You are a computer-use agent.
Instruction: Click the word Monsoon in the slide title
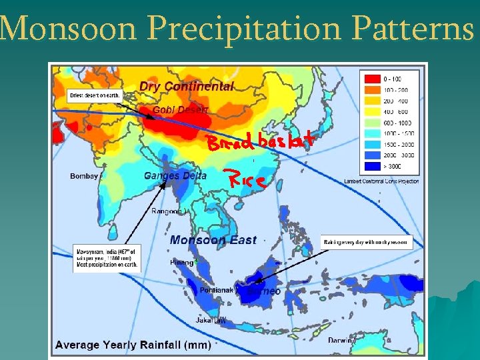click(x=68, y=27)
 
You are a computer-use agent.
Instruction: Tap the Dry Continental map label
click(x=187, y=86)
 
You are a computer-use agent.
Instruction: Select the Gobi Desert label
click(x=180, y=109)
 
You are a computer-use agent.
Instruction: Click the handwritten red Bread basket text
click(x=259, y=141)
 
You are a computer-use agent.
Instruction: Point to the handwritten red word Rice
click(x=248, y=179)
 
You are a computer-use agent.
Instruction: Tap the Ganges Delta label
click(x=175, y=176)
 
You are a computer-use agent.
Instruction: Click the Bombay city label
click(x=84, y=176)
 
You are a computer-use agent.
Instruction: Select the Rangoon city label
click(x=167, y=211)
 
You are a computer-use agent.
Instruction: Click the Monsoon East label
click(x=213, y=240)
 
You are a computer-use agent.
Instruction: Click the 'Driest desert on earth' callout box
click(x=94, y=95)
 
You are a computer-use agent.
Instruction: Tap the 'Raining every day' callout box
click(x=367, y=241)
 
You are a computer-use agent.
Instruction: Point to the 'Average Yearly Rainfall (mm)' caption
click(x=133, y=345)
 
